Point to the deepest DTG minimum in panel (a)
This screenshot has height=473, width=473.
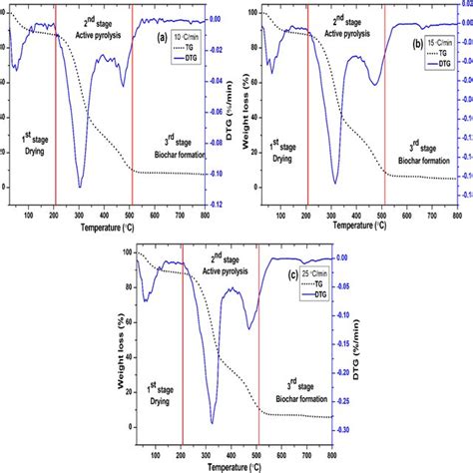pos(80,187)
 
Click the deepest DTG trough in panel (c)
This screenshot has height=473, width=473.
pos(212,422)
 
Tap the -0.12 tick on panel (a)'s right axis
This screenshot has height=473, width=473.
pos(220,204)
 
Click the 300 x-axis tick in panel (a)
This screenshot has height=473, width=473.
pos(80,215)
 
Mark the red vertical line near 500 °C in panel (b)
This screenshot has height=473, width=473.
pos(384,110)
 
